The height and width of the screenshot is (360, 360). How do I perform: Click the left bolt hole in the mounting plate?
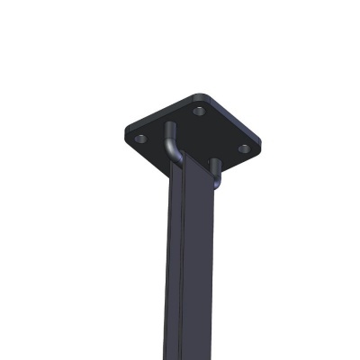click(140, 139)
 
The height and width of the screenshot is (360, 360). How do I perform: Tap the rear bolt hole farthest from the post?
click(199, 111)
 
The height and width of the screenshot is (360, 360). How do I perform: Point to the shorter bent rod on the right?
click(217, 168)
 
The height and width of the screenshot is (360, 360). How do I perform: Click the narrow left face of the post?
click(175, 261)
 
